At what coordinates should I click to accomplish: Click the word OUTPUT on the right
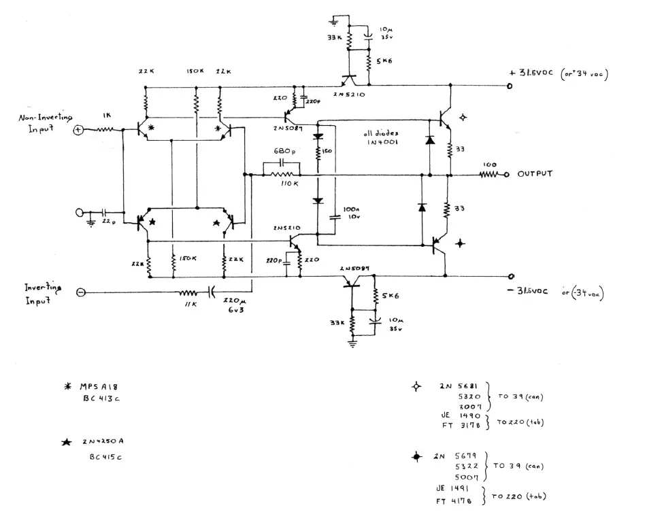pos(535,174)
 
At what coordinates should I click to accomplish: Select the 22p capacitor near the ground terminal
pos(106,212)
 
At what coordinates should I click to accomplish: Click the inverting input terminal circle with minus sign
pos(80,292)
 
